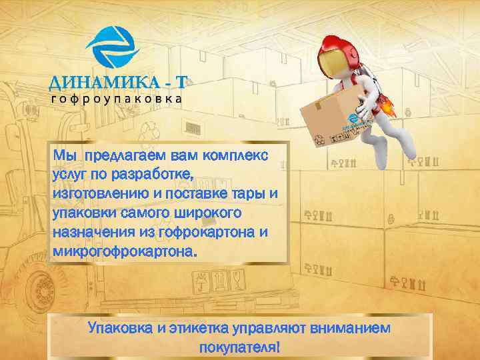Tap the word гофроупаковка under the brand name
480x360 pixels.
coord(117,98)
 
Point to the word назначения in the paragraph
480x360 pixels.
coord(91,233)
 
